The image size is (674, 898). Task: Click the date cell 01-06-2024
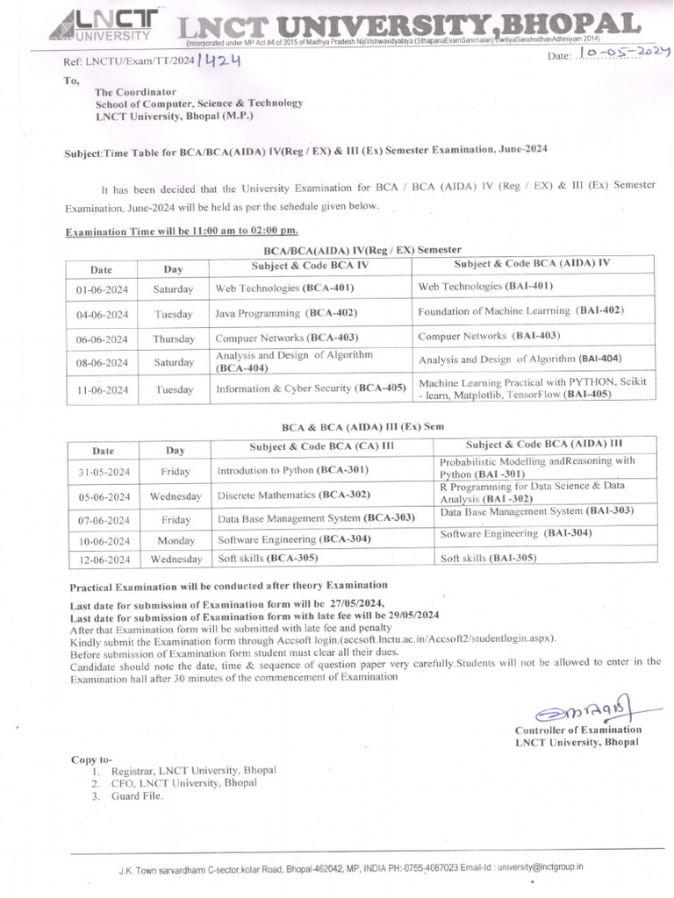click(102, 289)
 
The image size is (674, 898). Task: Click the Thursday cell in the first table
click(174, 339)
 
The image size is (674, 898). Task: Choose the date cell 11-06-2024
click(102, 388)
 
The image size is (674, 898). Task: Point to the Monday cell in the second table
click(176, 541)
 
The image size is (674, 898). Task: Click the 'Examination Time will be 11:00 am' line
click(182, 231)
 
